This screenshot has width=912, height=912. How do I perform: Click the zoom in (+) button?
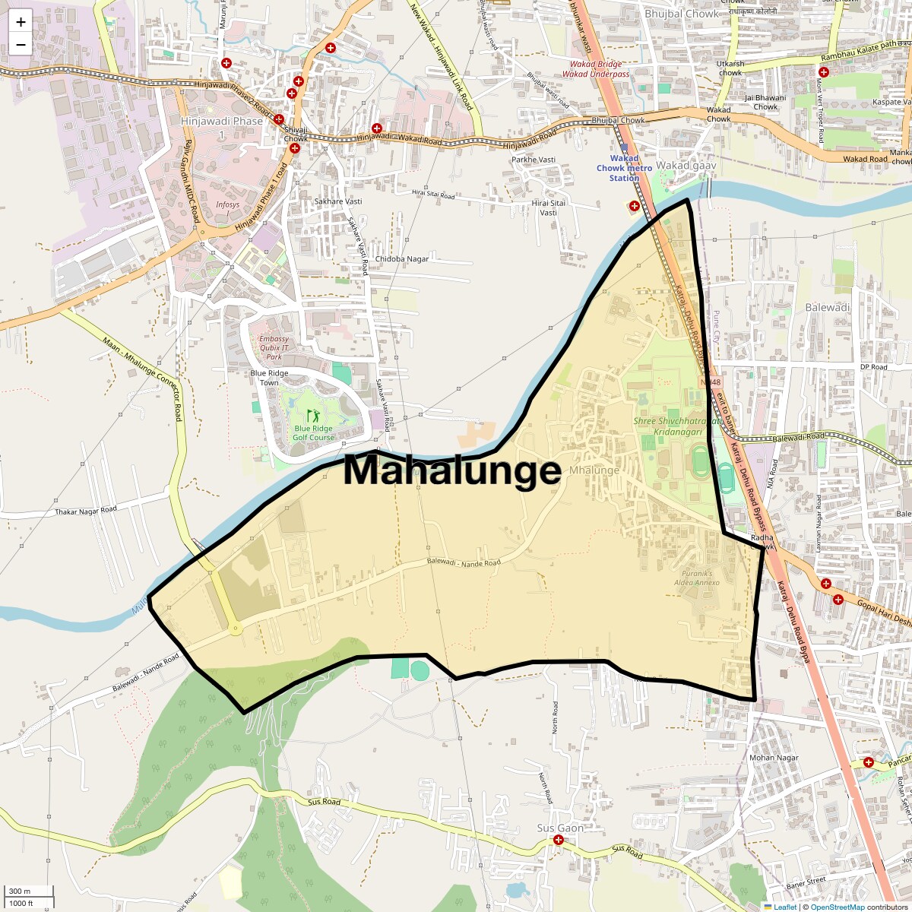21,22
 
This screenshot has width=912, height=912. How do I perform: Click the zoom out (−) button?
21,45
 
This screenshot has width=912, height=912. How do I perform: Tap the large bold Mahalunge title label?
452,470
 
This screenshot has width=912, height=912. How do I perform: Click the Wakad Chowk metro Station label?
625,168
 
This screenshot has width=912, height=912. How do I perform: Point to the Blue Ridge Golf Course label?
313,432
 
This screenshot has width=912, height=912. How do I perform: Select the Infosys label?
227,204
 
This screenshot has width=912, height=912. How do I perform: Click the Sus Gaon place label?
560,828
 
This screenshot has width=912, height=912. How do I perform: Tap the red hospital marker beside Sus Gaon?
559,840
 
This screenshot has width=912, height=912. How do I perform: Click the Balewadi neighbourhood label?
827,307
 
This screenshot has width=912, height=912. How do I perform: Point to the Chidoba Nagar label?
402,259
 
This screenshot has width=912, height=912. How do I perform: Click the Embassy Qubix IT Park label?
274,347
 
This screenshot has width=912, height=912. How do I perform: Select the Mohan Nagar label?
774,758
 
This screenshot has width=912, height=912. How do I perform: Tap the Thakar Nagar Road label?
86,511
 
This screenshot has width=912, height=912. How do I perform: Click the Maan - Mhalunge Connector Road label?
143,378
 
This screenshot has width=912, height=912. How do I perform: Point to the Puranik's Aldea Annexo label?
697,578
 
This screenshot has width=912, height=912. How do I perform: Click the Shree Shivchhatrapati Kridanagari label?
678,426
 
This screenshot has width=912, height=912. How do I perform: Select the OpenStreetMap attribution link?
838,907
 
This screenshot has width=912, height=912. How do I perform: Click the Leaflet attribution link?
785,907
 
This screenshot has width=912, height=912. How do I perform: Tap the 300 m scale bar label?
21,891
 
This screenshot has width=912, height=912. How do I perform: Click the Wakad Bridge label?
596,65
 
